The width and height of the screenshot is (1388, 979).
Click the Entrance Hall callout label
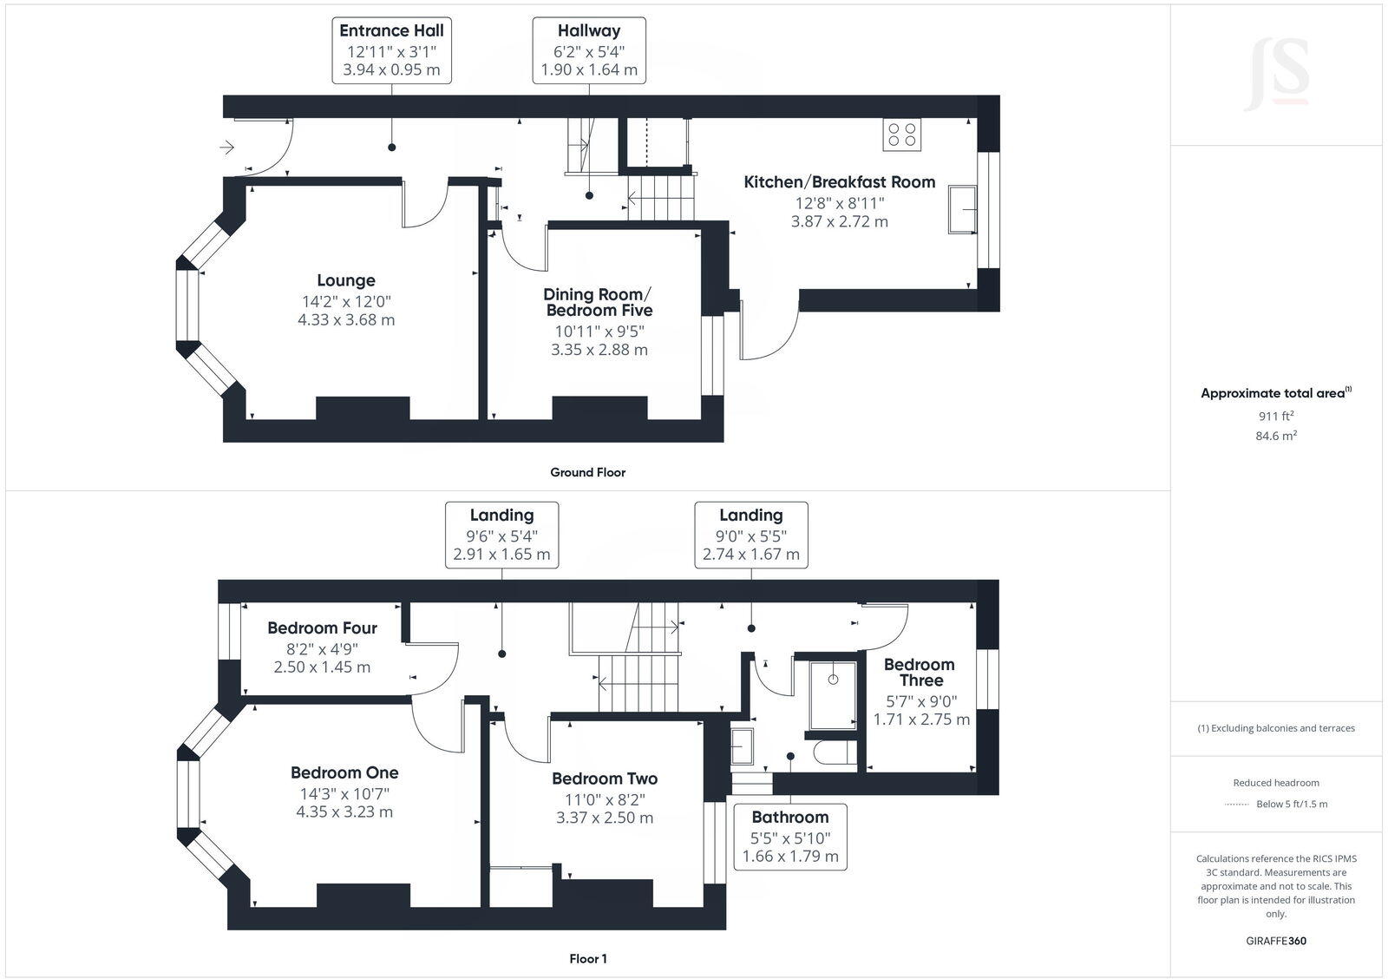click(391, 49)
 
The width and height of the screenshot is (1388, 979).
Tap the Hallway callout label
click(589, 49)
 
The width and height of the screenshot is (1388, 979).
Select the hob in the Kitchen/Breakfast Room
click(902, 135)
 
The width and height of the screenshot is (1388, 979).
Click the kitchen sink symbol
click(962, 209)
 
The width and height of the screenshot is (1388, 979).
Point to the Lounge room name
click(346, 280)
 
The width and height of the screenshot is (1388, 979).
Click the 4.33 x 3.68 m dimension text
click(346, 319)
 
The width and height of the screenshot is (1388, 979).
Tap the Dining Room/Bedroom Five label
click(599, 302)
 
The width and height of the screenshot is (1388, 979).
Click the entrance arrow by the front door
click(227, 148)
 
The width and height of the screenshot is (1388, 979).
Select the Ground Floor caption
click(587, 472)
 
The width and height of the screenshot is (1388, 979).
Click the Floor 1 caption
click(588, 959)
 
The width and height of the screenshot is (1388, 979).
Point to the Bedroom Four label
click(322, 627)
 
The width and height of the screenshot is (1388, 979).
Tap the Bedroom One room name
click(344, 772)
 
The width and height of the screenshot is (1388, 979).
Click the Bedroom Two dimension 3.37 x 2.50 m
click(605, 818)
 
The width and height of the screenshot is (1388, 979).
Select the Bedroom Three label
click(920, 673)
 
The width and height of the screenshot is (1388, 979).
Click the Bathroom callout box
click(790, 837)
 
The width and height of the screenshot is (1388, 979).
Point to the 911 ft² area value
click(1276, 416)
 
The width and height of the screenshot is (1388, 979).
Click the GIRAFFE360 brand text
click(1276, 941)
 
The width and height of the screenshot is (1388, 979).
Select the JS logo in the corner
click(1276, 76)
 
